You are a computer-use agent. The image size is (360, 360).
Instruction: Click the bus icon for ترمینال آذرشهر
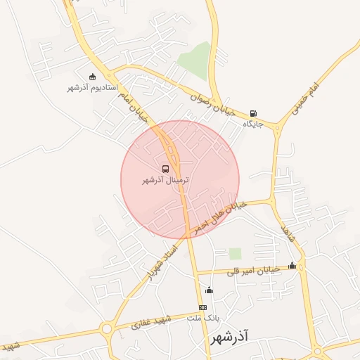(166, 169)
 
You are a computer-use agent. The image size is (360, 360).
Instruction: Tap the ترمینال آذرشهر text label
(166, 180)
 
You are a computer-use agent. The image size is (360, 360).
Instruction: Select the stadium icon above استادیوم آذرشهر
(92, 77)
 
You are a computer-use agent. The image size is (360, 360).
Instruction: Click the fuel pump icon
(253, 113)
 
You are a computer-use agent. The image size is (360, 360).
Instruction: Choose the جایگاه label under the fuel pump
(252, 124)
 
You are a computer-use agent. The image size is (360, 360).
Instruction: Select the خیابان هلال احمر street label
(220, 213)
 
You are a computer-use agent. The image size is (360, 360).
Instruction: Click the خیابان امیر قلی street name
(255, 269)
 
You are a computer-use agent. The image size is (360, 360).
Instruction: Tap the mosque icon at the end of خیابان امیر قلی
(292, 265)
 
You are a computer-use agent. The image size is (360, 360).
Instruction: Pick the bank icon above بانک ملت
(203, 307)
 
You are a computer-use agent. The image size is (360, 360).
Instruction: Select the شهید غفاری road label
(151, 322)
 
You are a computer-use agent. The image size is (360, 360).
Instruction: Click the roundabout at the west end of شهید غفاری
(107, 328)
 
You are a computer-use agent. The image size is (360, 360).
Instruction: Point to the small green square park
(235, 253)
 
